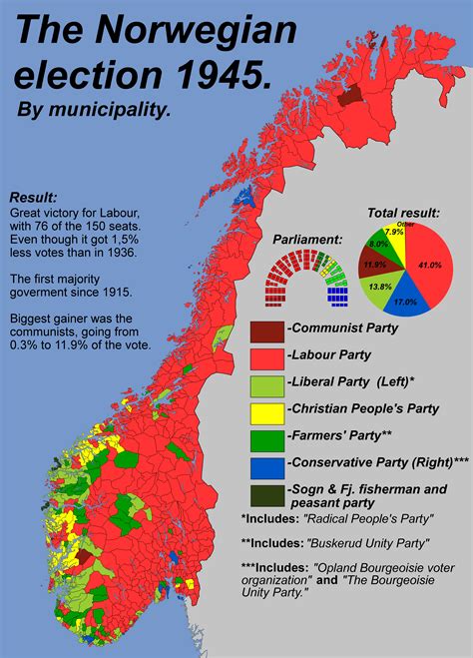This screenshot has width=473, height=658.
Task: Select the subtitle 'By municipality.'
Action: point(94,109)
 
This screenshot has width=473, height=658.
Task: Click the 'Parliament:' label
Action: point(307,240)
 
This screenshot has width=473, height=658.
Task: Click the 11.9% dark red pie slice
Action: point(375,265)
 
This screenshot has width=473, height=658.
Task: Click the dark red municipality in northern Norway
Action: point(350,93)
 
